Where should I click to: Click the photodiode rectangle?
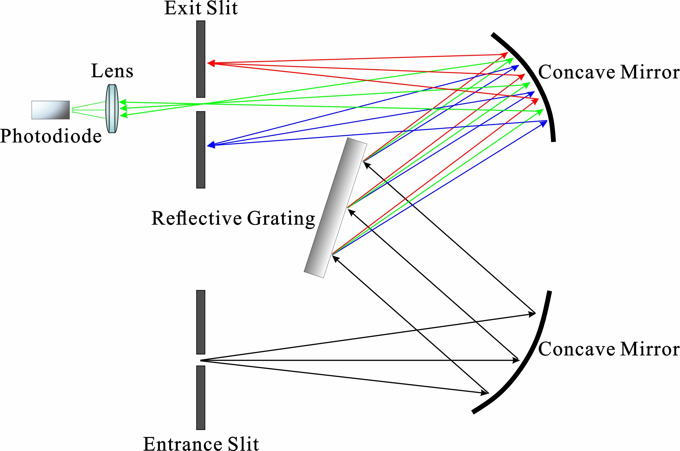coord(51,110)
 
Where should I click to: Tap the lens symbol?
coord(112,108)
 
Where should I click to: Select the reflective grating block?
coord(335,208)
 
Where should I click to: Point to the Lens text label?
coord(112,71)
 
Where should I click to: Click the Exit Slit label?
coord(201,8)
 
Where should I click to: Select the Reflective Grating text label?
coord(233,218)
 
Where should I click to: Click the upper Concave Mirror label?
coord(609,72)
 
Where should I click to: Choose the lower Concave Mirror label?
coord(609,349)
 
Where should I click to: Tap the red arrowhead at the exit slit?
coord(211,63)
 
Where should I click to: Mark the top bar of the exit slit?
coord(201,59)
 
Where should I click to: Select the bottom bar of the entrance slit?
coord(201,397)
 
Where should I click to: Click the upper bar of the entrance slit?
coord(201,322)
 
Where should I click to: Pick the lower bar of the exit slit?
coord(201,150)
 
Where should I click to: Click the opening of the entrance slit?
coord(201,360)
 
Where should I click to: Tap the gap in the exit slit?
coord(201,104)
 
